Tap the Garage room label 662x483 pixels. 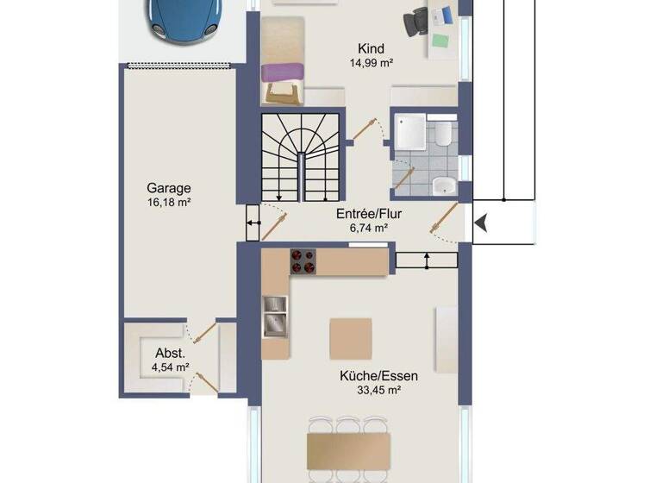tap(168, 188)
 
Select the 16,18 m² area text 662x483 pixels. tap(168, 203)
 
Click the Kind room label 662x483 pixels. tap(372, 49)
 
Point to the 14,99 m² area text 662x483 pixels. tap(372, 63)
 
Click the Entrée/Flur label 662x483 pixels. tap(369, 214)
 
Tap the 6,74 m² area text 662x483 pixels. tap(369, 229)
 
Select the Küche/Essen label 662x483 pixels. tap(372, 375)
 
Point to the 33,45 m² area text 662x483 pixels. tap(372, 390)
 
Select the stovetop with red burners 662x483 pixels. tap(303, 261)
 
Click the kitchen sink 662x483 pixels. tap(275, 315)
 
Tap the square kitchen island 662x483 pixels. tap(351, 338)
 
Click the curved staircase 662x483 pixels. tap(300, 157)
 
